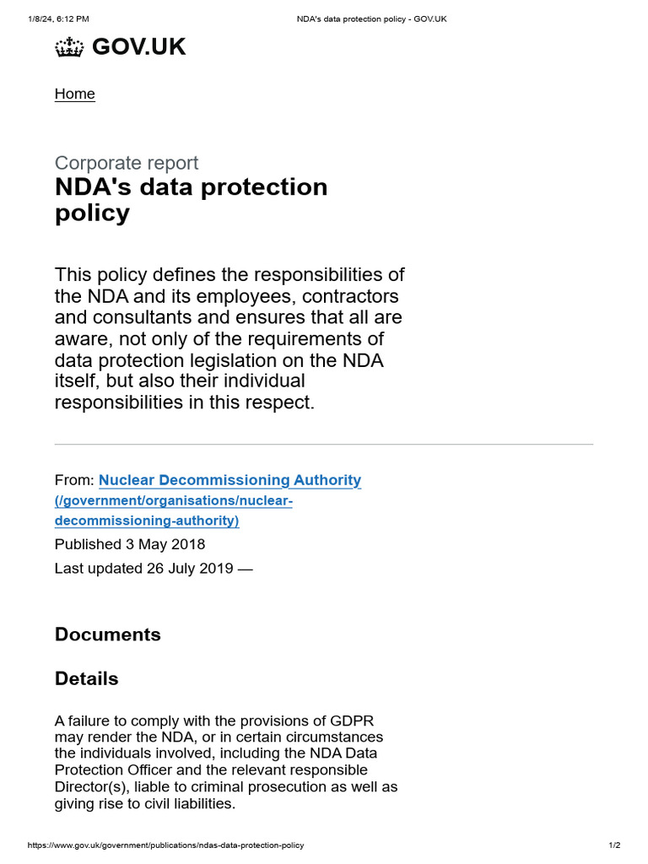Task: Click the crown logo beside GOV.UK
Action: tap(69, 48)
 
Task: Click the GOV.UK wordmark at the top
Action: tap(138, 47)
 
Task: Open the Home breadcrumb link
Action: tap(75, 94)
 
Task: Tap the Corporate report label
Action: tap(127, 163)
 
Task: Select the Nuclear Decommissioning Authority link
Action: tap(229, 480)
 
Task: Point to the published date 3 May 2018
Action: tap(165, 544)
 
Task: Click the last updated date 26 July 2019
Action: tap(190, 568)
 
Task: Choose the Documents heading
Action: tap(108, 634)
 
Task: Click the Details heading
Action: tap(87, 678)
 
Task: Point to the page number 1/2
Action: tap(614, 845)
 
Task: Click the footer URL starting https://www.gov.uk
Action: tap(165, 845)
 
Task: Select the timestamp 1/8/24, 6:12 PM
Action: tap(58, 19)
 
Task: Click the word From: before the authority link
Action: tap(74, 480)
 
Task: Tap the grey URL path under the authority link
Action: tap(173, 510)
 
